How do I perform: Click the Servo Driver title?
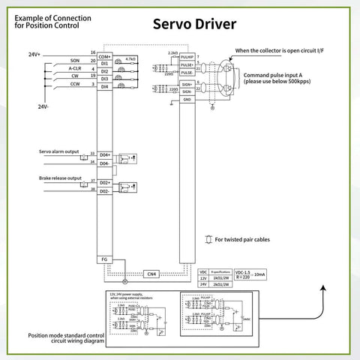(x=194, y=24)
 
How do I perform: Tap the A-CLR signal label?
(x=74, y=69)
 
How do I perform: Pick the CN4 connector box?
(x=151, y=274)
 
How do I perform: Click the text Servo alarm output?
(x=61, y=150)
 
